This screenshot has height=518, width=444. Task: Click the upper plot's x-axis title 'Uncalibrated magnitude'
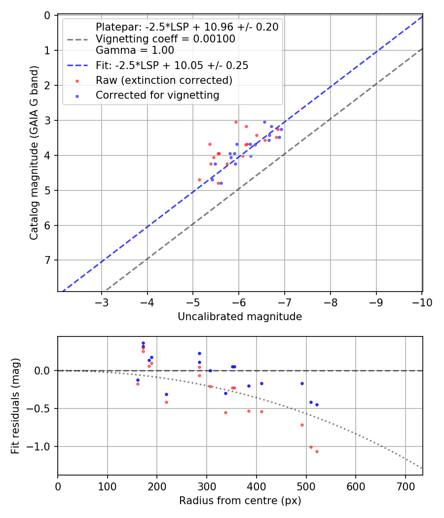click(240, 317)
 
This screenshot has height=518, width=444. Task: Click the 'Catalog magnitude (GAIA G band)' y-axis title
click(34, 152)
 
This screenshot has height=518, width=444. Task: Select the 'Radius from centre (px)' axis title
click(240, 501)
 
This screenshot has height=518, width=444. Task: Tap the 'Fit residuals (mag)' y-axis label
click(15, 406)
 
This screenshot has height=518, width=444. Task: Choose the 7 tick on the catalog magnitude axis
click(47, 260)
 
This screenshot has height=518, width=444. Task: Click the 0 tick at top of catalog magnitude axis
click(47, 16)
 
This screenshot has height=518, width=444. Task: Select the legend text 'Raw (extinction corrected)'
click(164, 80)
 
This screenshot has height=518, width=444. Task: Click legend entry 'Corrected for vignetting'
click(157, 95)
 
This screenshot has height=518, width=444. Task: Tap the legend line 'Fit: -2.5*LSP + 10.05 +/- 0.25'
click(172, 65)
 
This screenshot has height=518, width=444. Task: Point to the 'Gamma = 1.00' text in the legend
click(135, 50)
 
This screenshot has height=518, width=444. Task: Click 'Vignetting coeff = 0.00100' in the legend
click(165, 38)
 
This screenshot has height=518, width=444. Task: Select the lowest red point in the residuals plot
click(317, 451)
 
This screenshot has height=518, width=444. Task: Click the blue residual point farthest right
click(317, 405)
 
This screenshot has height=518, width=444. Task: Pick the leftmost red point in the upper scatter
click(199, 180)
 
